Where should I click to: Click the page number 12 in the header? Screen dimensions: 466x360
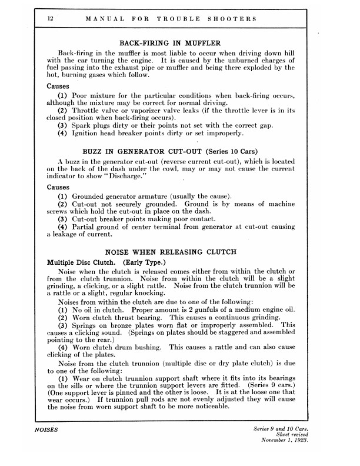coord(52,19)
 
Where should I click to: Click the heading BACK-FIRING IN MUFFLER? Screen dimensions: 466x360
coord(170,43)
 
